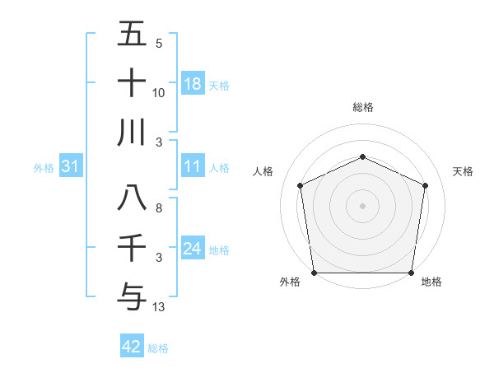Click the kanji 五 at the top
click(132, 35)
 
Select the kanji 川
click(132, 132)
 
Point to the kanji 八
click(132, 198)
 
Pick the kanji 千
click(132, 248)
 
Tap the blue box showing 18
click(192, 83)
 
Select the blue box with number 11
click(192, 167)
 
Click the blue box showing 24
click(192, 249)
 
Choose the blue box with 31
click(71, 167)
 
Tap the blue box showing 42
click(132, 347)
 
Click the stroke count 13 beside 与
click(159, 308)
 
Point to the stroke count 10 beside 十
click(159, 92)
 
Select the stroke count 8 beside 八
click(159, 208)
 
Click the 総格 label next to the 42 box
click(158, 348)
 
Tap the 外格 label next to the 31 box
click(44, 168)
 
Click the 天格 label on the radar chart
click(463, 171)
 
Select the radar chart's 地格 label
click(431, 282)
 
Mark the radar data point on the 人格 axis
click(301, 185)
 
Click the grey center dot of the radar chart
click(362, 205)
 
